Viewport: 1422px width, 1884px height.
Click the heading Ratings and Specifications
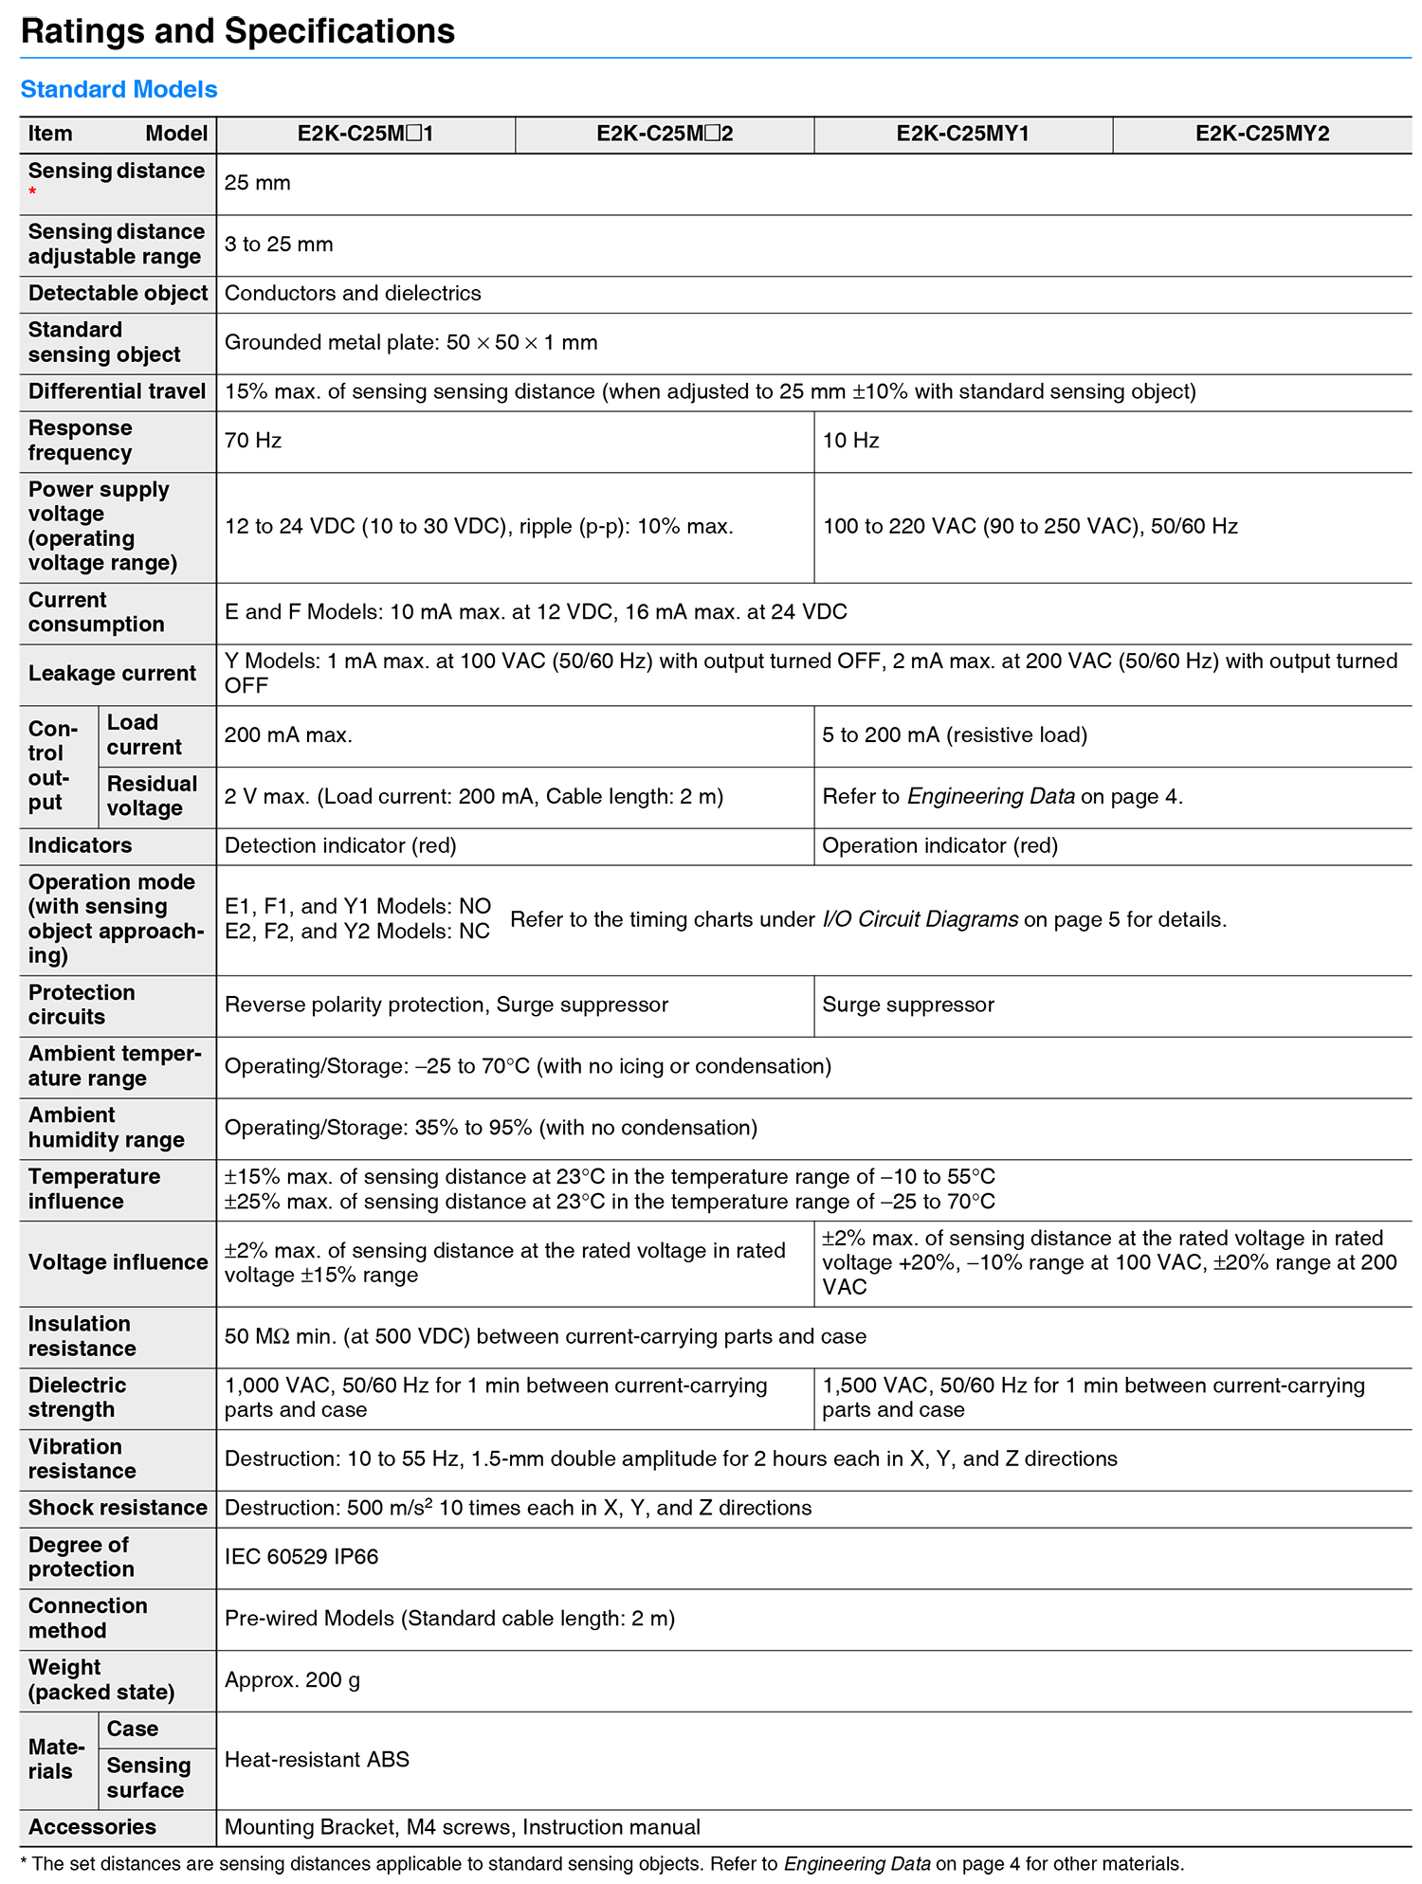[237, 31]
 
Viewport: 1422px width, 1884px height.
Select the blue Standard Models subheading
[118, 89]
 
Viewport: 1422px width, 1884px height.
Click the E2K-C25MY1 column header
[962, 134]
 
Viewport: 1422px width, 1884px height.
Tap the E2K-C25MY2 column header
[1262, 134]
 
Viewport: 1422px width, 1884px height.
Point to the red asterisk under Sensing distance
[33, 192]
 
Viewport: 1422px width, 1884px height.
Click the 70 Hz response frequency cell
[253, 441]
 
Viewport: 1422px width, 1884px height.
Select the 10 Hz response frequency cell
[850, 441]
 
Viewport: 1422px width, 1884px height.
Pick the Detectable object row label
[118, 294]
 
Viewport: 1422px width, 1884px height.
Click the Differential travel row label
[117, 391]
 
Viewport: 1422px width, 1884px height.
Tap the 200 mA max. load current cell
[288, 735]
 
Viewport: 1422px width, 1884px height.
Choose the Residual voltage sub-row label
[152, 796]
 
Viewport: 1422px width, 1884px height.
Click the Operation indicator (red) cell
[939, 845]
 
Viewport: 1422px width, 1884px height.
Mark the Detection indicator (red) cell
[340, 845]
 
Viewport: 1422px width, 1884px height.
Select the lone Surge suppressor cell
[908, 1005]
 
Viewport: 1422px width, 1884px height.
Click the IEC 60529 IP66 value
[301, 1557]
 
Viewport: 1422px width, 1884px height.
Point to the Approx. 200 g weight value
[292, 1680]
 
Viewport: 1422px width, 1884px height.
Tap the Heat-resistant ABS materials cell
[317, 1760]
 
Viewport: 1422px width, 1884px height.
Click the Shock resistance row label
[118, 1508]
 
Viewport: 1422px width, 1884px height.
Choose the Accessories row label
[92, 1827]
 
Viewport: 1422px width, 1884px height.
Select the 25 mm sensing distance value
[258, 183]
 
